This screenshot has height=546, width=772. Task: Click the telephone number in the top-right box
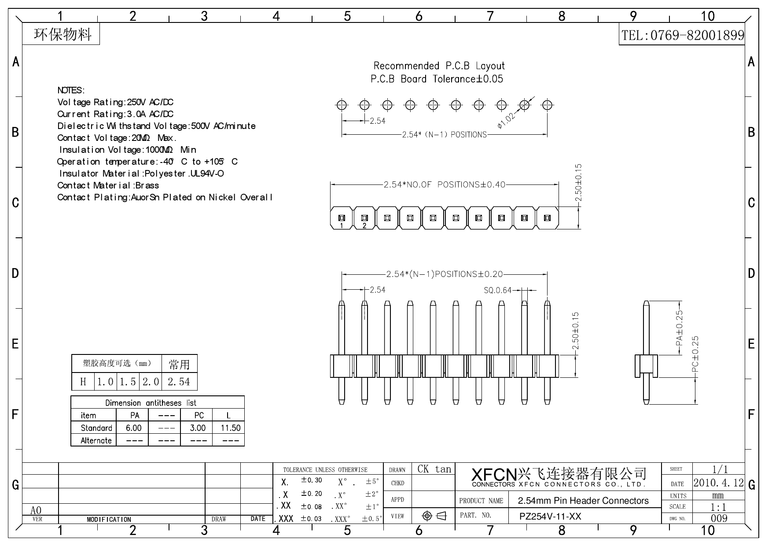pyautogui.click(x=682, y=35)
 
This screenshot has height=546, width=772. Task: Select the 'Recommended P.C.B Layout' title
pyautogui.click(x=439, y=66)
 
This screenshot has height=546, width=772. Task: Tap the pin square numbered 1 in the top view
pyautogui.click(x=342, y=218)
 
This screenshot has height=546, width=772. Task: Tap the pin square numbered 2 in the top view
pyautogui.click(x=364, y=218)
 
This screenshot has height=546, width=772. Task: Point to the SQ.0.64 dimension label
pyautogui.click(x=497, y=290)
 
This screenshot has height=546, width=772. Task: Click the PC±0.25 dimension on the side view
pyautogui.click(x=695, y=355)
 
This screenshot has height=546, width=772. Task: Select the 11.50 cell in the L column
pyautogui.click(x=230, y=428)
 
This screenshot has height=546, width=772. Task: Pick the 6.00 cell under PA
pyautogui.click(x=133, y=428)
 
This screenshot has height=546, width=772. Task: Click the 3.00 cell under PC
pyautogui.click(x=198, y=428)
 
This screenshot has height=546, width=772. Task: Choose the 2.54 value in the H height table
pyautogui.click(x=179, y=382)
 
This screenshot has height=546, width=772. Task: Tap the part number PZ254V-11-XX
pyautogui.click(x=550, y=516)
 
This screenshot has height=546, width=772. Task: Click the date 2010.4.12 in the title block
pyautogui.click(x=718, y=483)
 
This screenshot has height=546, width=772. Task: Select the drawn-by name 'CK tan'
pyautogui.click(x=434, y=469)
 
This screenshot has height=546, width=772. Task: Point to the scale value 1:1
pyautogui.click(x=718, y=507)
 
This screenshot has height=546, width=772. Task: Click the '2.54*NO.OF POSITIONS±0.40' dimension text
pyautogui.click(x=444, y=184)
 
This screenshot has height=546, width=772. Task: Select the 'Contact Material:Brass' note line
pyautogui.click(x=108, y=185)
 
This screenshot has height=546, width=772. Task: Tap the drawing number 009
pyautogui.click(x=719, y=518)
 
